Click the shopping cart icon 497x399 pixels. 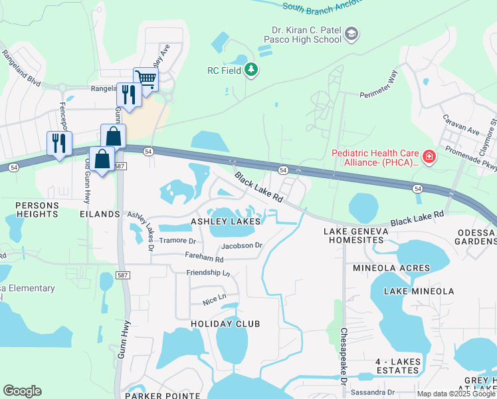point(146,79)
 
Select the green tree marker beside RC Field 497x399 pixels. point(250,70)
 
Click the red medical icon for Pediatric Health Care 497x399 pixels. point(429,158)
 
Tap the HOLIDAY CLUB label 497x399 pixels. point(225,323)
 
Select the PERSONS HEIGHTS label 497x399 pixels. point(37,209)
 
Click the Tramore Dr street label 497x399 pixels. point(177,241)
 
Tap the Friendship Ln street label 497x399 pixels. point(208,273)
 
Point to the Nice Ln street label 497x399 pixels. point(215,298)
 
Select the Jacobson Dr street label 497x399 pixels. point(243,245)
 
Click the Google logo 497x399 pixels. point(22,391)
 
